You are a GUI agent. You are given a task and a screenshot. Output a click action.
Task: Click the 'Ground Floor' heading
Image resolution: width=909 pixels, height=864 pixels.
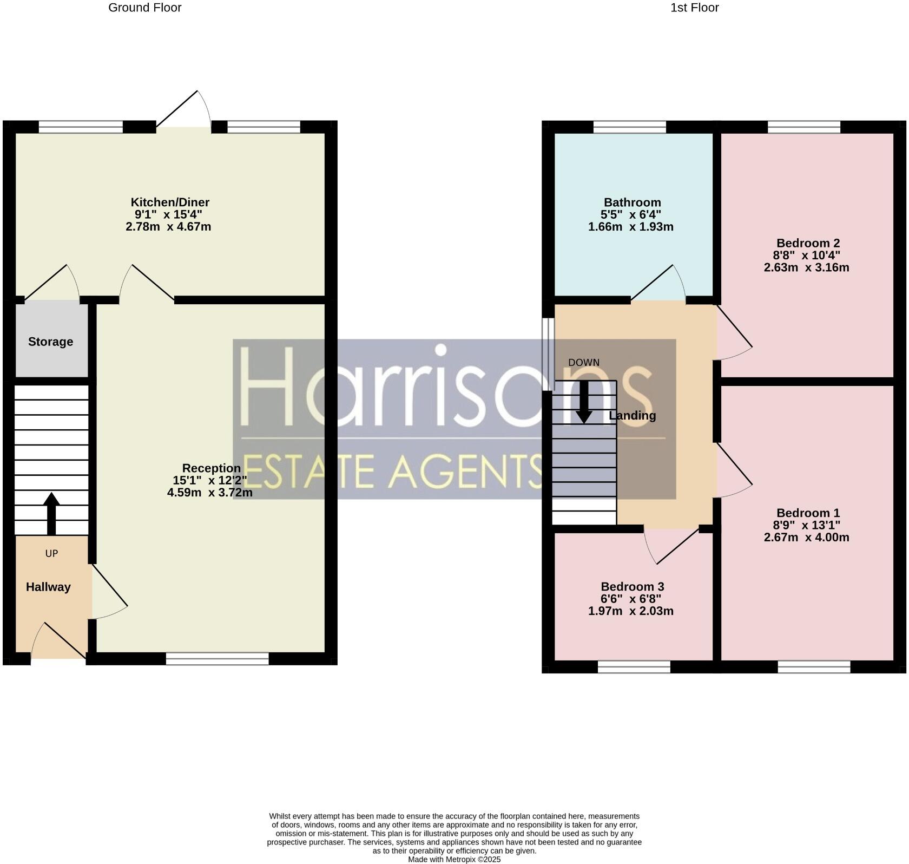tap(145, 8)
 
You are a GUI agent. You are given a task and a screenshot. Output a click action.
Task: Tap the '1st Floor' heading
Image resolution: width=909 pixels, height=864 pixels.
tap(694, 8)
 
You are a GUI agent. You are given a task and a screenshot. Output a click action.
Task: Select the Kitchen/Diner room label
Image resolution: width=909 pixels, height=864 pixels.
tap(170, 202)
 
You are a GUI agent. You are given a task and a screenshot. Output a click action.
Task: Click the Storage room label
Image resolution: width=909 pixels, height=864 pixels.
tap(50, 342)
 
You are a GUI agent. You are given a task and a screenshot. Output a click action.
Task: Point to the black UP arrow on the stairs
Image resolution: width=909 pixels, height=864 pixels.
tap(51, 513)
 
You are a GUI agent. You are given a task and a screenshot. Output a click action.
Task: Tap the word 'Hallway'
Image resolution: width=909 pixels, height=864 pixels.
tap(48, 587)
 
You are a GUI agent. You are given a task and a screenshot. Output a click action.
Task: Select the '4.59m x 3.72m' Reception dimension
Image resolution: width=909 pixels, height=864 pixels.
tap(209, 493)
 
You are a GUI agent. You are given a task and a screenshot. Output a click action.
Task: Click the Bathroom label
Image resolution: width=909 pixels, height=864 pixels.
tap(632, 202)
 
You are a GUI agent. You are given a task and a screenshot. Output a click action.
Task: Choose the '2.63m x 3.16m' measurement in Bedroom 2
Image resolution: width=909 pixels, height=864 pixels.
tap(806, 267)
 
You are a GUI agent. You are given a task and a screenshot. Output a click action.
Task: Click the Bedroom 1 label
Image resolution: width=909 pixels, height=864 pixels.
tap(808, 513)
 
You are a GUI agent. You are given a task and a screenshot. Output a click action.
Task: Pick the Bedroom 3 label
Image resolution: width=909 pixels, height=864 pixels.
tap(632, 586)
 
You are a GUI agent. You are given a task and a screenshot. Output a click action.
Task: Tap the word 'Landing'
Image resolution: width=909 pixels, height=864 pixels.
tap(632, 416)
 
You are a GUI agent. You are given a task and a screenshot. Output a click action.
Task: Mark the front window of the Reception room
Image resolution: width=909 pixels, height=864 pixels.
tap(217, 658)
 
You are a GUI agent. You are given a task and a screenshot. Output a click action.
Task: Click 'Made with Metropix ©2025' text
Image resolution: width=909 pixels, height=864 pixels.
tap(454, 859)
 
